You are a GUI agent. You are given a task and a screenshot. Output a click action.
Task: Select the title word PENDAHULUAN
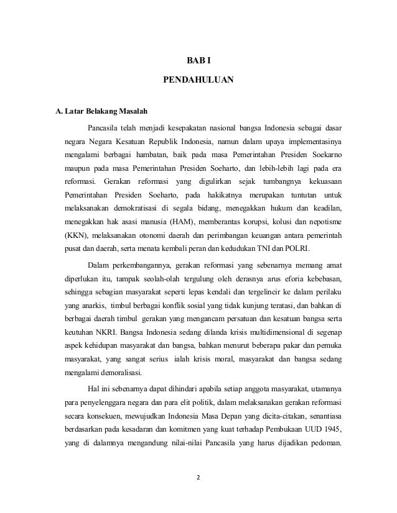click(x=198, y=81)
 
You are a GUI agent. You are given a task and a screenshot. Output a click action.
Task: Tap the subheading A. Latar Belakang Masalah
click(x=101, y=112)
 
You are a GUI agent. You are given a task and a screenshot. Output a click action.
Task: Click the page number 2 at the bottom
click(x=198, y=478)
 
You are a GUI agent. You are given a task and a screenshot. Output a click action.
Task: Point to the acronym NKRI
click(x=95, y=333)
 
